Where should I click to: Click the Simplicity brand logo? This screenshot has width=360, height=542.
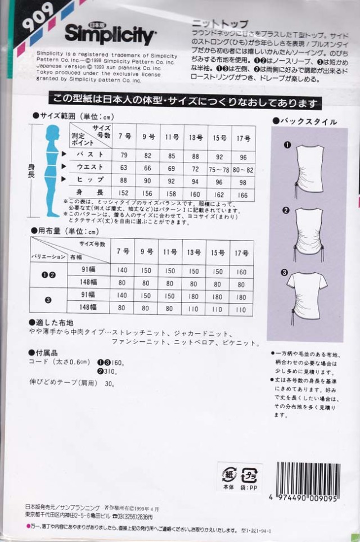point(109,35)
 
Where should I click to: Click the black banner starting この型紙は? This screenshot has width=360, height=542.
point(184,102)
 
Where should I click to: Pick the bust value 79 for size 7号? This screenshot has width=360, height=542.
point(124,155)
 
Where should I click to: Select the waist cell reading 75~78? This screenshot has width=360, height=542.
point(219,168)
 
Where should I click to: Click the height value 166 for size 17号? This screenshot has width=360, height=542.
point(243,194)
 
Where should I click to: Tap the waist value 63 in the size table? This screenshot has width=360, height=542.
point(124,168)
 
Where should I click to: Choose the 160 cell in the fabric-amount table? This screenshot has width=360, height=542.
point(242,270)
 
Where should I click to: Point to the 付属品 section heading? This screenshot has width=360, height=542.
point(46,352)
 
